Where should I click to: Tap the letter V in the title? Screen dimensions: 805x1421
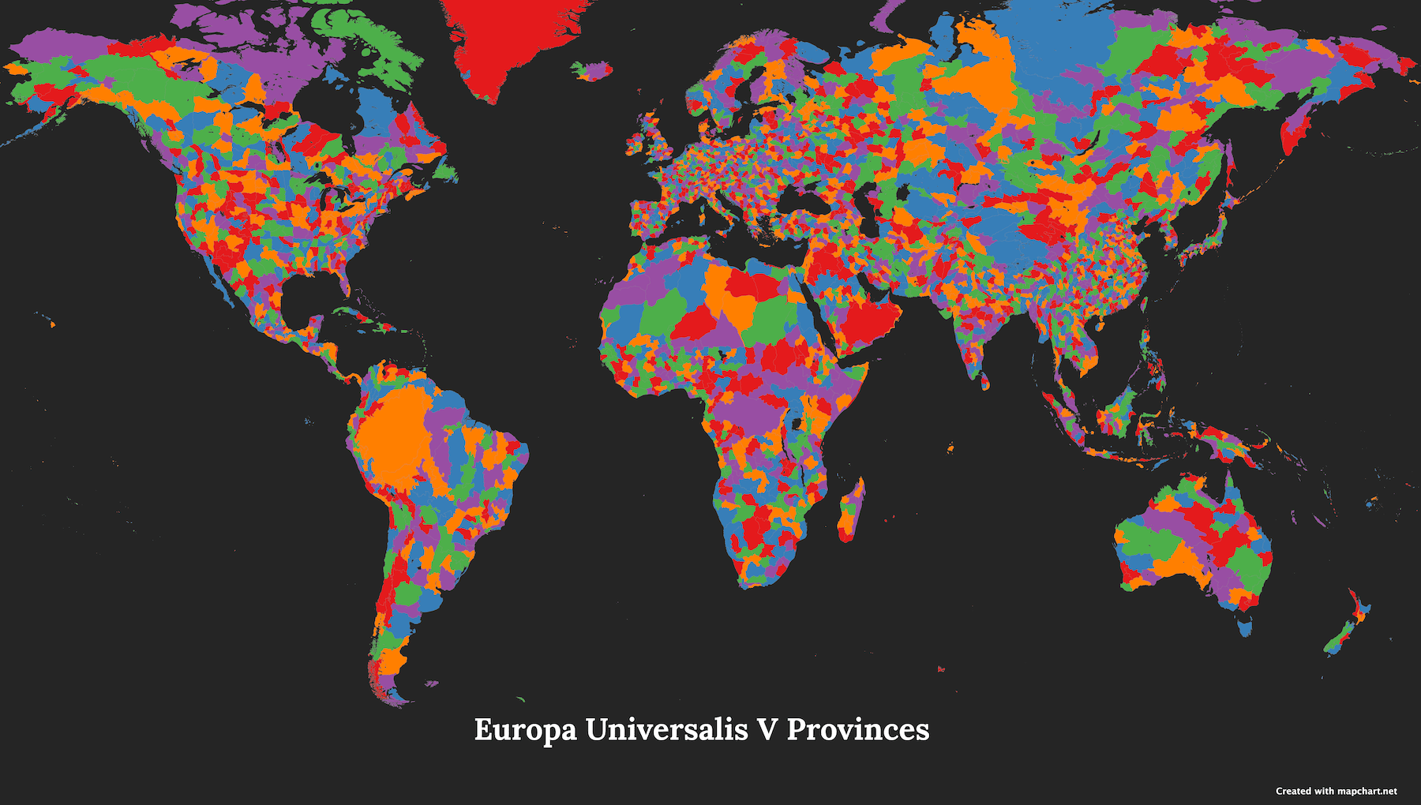pos(767,729)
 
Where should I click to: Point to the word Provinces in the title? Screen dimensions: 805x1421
pos(858,729)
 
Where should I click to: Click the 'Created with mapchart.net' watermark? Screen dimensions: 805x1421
pos(1336,791)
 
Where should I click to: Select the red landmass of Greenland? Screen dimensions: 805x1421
pos(505,39)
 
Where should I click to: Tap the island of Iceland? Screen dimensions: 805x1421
pos(592,71)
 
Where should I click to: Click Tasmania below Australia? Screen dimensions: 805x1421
pos(1245,627)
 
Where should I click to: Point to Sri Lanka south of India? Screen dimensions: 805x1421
pos(985,383)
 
